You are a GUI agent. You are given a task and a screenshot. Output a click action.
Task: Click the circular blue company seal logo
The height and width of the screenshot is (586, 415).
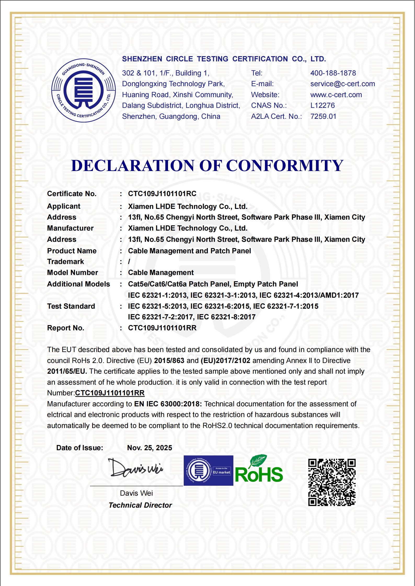pyautogui.click(x=83, y=90)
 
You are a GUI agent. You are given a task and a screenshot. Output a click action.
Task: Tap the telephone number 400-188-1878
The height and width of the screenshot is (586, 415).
pyautogui.click(x=333, y=73)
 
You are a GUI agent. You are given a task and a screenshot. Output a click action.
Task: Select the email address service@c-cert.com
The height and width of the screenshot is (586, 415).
pyautogui.click(x=342, y=84)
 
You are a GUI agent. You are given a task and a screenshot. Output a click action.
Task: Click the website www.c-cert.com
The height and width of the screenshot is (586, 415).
pyautogui.click(x=336, y=95)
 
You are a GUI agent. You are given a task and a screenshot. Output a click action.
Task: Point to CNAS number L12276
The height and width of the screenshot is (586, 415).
pyautogui.click(x=322, y=106)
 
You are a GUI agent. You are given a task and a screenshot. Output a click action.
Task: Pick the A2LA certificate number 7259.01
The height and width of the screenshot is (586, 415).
pyautogui.click(x=323, y=116)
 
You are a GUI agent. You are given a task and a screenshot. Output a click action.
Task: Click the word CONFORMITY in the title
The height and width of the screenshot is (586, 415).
pyautogui.click(x=285, y=166)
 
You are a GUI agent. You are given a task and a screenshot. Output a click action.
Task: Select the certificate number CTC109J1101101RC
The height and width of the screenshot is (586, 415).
pyautogui.click(x=162, y=194)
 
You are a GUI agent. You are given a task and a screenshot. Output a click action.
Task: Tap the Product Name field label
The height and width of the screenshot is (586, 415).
pyautogui.click(x=72, y=251)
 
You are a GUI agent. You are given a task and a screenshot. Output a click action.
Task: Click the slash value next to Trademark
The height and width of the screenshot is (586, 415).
pyautogui.click(x=129, y=262)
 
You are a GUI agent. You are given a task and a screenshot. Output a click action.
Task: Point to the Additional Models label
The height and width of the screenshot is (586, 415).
pyautogui.click(x=78, y=284)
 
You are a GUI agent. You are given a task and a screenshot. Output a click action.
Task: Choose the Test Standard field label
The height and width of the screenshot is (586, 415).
pyautogui.click(x=71, y=306)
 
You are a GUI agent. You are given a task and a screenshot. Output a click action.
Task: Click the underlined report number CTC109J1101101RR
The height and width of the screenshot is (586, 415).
pyautogui.click(x=110, y=393)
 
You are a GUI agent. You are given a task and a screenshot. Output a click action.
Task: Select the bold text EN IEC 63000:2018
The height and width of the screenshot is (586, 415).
pyautogui.click(x=168, y=404)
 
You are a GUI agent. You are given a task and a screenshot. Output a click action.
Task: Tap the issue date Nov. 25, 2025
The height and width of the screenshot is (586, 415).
pyautogui.click(x=149, y=448)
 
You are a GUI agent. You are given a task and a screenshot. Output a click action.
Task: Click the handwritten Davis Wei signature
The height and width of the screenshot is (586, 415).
pyautogui.click(x=135, y=468)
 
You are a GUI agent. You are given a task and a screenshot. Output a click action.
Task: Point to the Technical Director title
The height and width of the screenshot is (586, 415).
pyautogui.click(x=140, y=505)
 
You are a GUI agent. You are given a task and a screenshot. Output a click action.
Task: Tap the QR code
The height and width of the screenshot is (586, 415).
pyautogui.click(x=332, y=482)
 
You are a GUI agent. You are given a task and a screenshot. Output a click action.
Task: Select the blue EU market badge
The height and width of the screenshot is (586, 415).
pyautogui.click(x=208, y=471)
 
